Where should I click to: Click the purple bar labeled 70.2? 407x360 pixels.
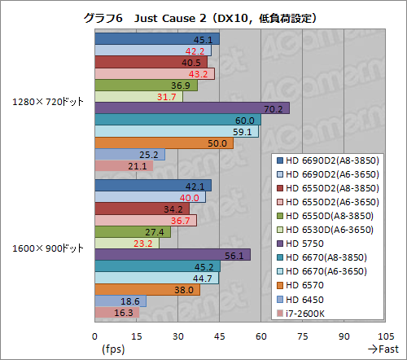192,108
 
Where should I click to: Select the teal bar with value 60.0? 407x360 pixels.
177,120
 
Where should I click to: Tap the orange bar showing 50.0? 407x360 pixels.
164,143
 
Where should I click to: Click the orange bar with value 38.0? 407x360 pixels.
147,289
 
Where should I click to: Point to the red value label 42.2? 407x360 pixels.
196,50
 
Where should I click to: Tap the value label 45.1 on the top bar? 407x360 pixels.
203,39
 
